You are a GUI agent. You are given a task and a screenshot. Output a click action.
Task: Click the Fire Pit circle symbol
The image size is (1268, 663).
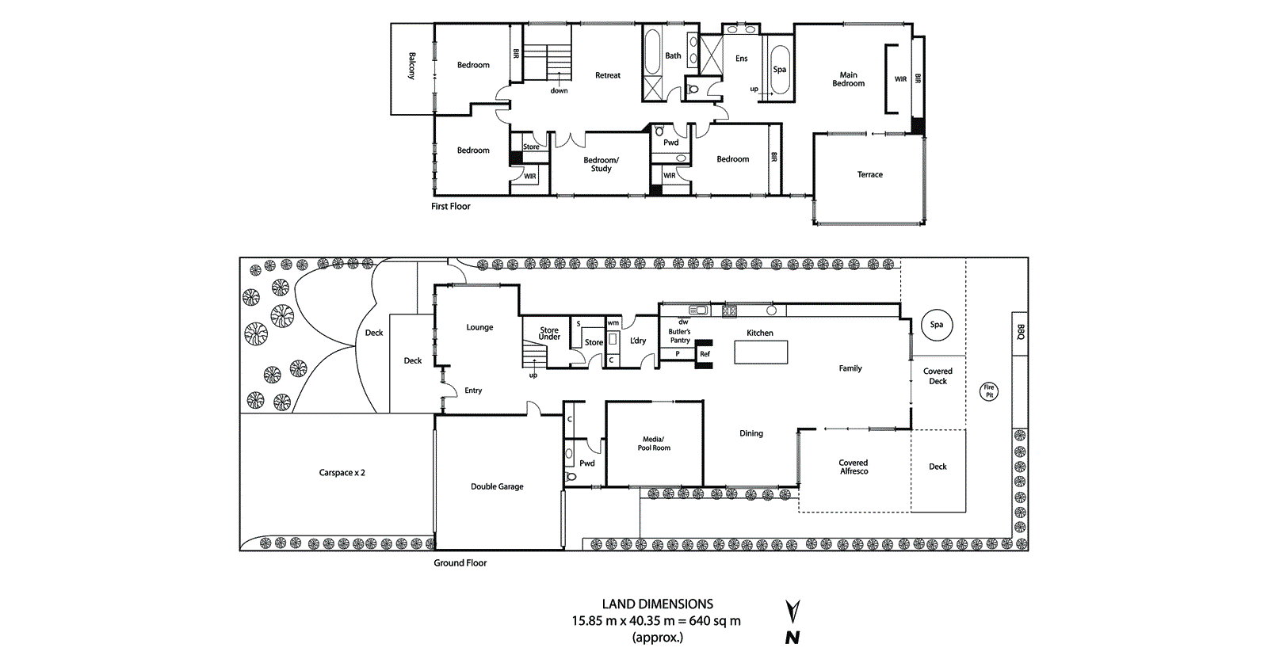coord(989,391)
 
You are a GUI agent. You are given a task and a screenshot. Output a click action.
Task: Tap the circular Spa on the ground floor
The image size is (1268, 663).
coord(937,325)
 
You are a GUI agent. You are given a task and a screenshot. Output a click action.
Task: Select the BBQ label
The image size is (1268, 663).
coord(1021,333)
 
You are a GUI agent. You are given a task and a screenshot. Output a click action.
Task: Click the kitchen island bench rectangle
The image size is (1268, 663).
coord(761,352)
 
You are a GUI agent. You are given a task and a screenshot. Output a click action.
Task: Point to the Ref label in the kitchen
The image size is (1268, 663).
coord(705,354)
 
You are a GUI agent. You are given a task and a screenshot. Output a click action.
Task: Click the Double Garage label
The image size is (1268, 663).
coord(497,486)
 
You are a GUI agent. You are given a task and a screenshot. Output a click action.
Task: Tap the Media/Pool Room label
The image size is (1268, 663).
coord(654,444)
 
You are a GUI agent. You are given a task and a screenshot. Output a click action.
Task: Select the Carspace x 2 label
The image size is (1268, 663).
coord(342,473)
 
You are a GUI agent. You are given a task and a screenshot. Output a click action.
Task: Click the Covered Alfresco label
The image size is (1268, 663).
coord(854,467)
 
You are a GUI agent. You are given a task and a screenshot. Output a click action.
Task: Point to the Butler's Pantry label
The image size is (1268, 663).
coord(679,336)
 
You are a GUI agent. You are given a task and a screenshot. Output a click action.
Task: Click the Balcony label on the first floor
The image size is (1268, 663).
coord(412,66)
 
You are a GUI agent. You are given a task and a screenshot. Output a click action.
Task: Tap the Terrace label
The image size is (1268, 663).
coord(869,174)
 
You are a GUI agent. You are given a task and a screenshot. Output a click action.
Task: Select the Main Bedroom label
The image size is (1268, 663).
coord(848,79)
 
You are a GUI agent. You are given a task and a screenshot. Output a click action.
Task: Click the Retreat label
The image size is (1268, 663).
coord(608,75)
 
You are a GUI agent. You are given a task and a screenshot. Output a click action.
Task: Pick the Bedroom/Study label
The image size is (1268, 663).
coord(601,164)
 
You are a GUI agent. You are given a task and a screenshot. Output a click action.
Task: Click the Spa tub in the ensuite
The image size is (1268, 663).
coord(781,70)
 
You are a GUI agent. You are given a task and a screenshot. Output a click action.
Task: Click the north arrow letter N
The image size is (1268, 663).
coord(792,638)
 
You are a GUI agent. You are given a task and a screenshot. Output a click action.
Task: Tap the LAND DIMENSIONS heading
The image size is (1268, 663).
coord(657,604)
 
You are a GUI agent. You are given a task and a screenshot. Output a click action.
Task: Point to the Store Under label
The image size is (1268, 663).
coord(549,333)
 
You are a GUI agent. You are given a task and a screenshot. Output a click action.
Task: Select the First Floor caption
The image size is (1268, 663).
coord(450,206)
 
